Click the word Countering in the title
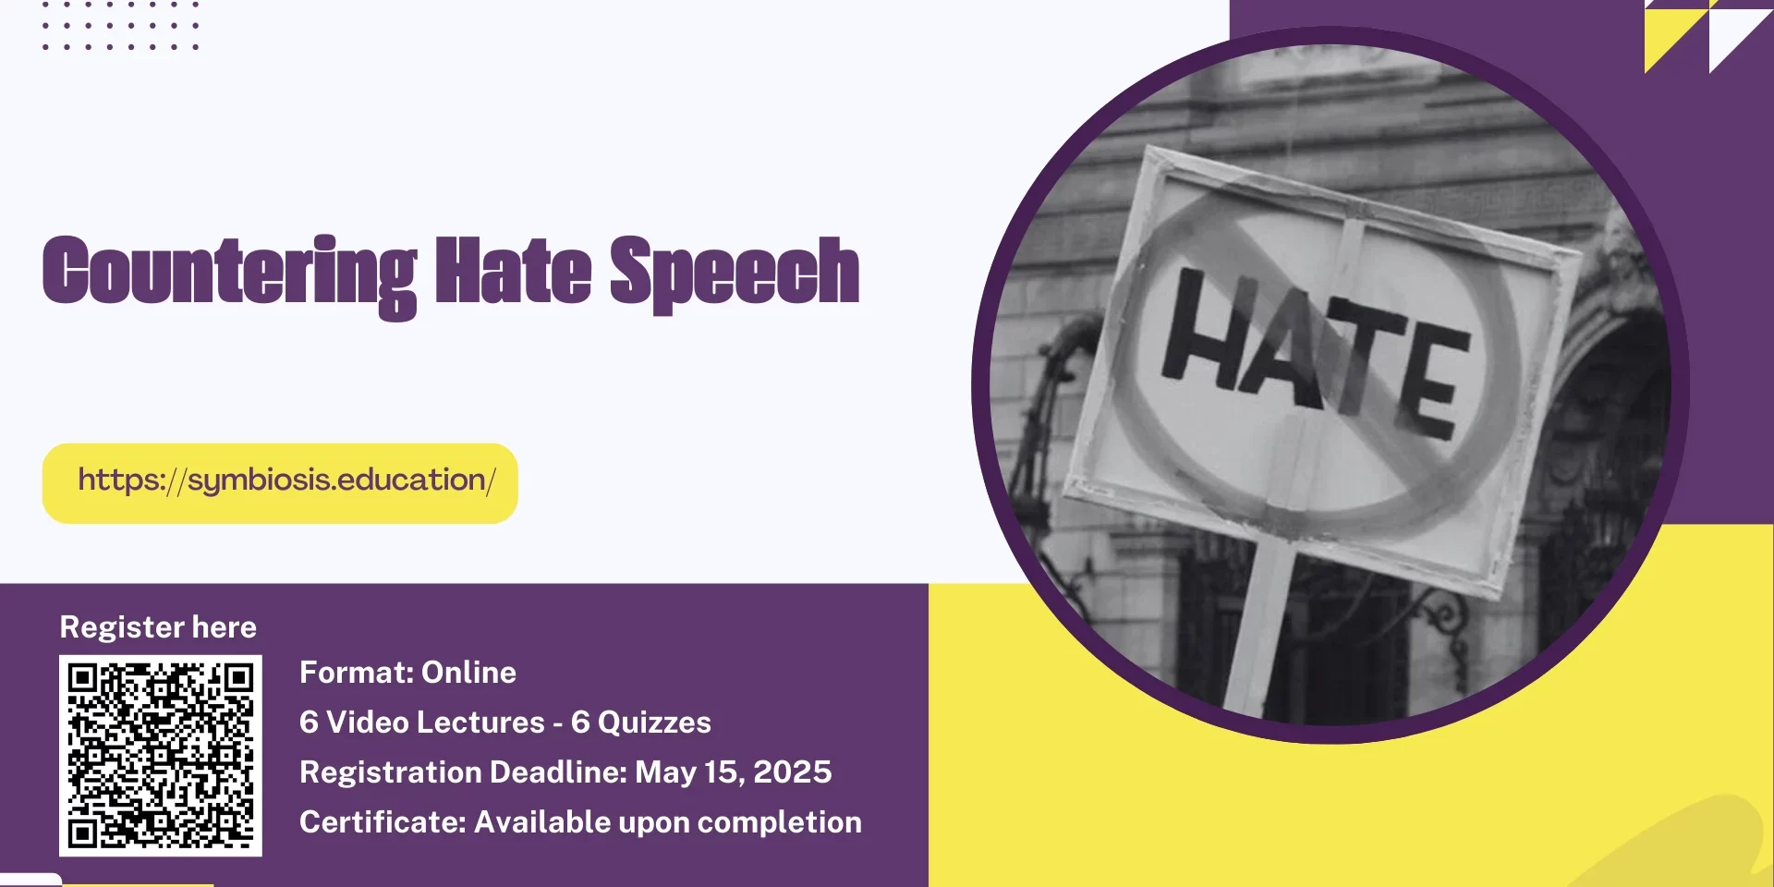tap(230, 274)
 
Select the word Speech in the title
tap(735, 273)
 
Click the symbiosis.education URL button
tap(280, 483)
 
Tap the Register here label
tap(158, 627)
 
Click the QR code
tap(161, 756)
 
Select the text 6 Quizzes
tap(641, 723)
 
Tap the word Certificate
tap(383, 822)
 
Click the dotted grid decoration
tap(120, 25)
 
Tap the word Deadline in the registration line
tap(558, 772)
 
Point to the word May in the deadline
tap(665, 773)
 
